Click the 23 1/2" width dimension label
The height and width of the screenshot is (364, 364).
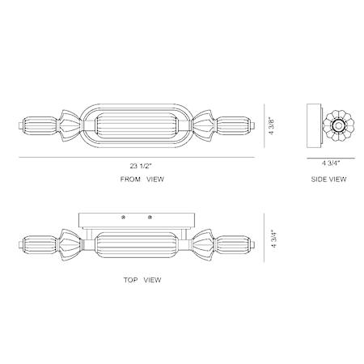click(142, 166)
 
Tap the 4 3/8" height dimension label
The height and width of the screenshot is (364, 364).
click(272, 125)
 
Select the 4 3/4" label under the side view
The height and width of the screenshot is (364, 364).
click(331, 163)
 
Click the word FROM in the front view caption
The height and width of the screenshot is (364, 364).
click(130, 179)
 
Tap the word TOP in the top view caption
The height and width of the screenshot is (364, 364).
click(130, 280)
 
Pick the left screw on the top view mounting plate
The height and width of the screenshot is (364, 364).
click(124, 217)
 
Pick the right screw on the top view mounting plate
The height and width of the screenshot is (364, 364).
click(150, 217)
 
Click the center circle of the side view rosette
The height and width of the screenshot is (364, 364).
click(337, 125)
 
